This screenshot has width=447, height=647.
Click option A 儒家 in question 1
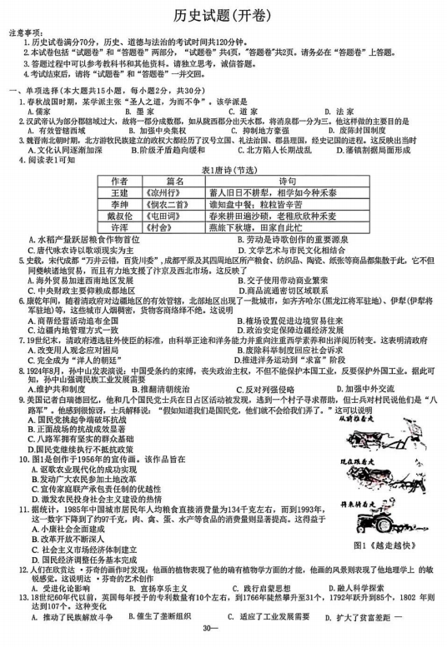[x=38, y=111]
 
